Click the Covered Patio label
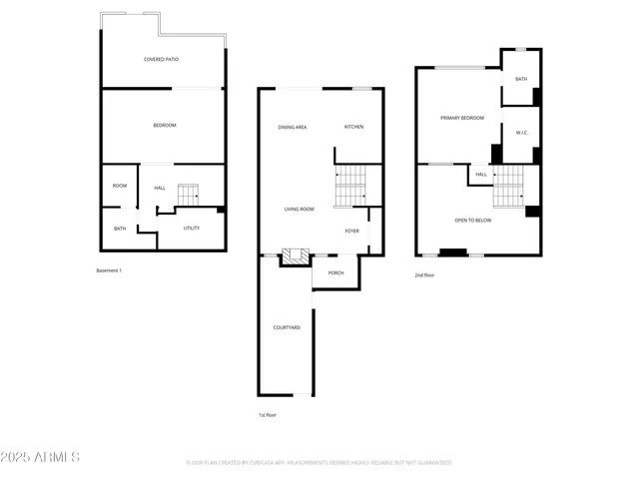161,59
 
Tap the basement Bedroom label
164,125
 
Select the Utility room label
191,228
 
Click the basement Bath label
120,229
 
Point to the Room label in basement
120,186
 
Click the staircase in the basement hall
189,195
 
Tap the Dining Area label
292,127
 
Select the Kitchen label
353,127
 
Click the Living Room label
299,209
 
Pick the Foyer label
351,231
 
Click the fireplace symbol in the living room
292,257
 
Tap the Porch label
335,272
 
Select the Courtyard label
287,327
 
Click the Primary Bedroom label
461,118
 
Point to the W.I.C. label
521,133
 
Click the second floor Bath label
521,79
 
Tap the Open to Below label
472,221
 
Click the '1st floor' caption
267,414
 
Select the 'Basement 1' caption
108,270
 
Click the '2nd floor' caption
424,274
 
